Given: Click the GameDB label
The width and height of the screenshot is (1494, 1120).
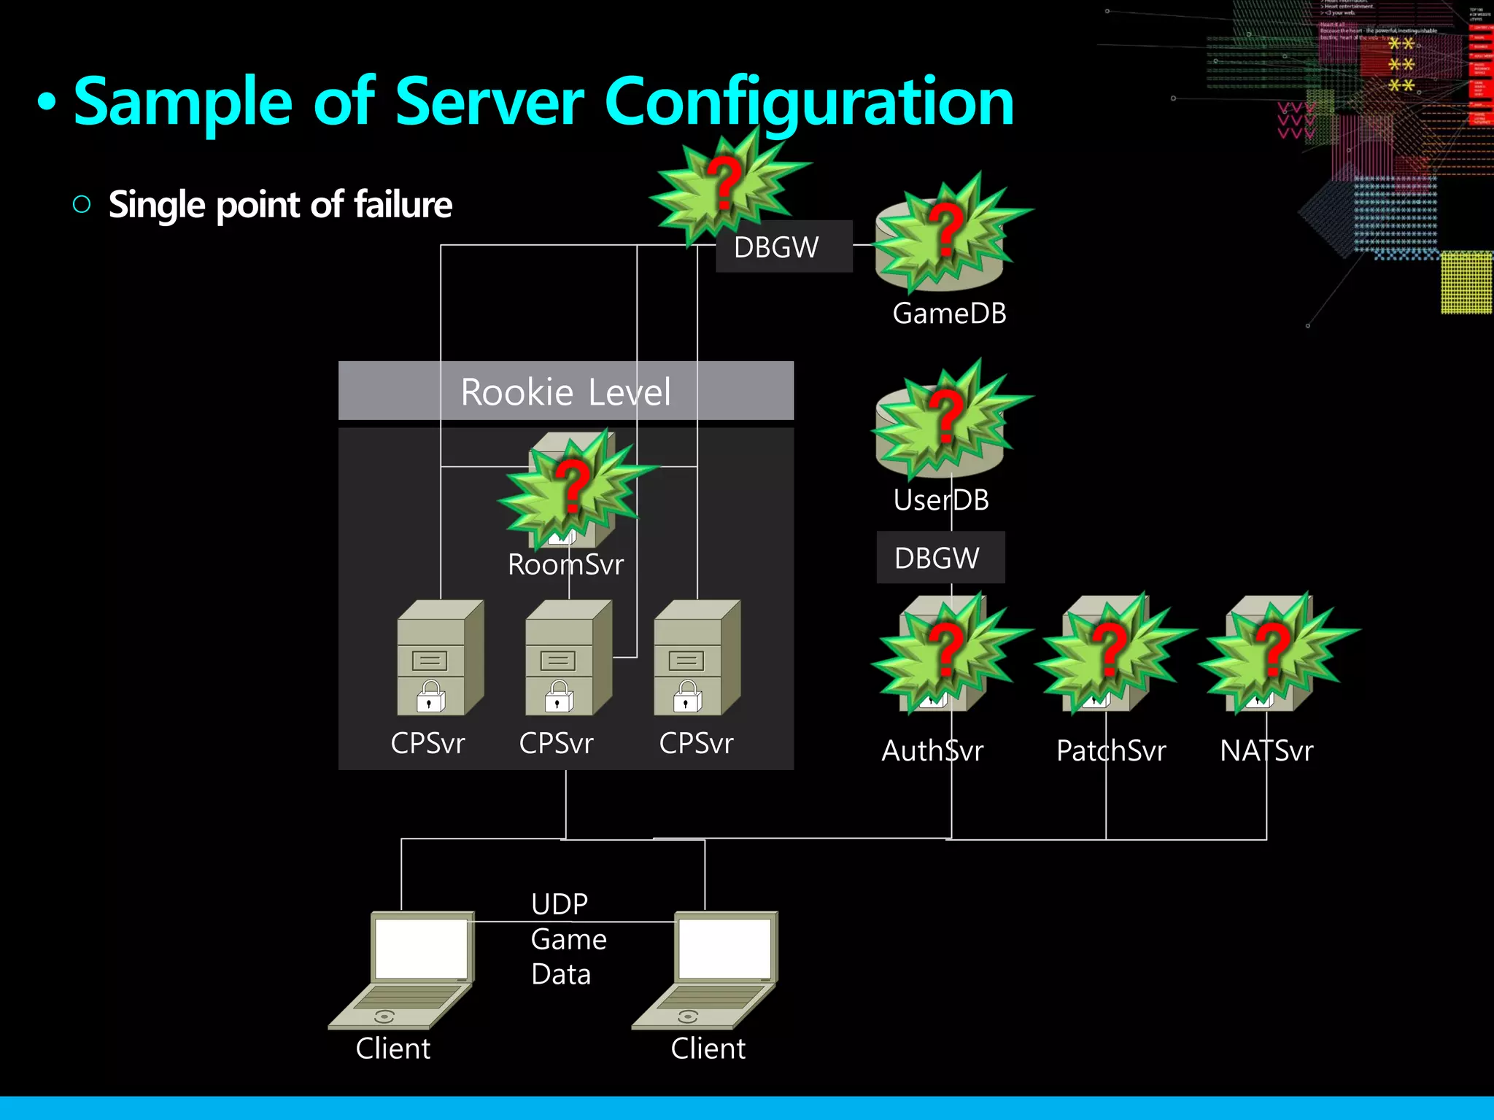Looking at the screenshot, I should click(x=949, y=314).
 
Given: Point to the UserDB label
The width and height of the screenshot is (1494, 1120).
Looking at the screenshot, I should click(x=941, y=500).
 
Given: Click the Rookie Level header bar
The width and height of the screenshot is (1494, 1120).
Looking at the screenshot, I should click(x=565, y=392).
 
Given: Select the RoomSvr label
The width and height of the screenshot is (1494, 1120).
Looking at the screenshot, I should click(x=565, y=564).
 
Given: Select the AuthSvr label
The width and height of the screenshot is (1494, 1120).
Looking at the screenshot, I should click(x=932, y=751).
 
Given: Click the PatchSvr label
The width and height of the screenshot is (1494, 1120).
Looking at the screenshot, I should click(x=1110, y=751).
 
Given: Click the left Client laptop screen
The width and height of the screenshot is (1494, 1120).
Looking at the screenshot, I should click(x=421, y=948).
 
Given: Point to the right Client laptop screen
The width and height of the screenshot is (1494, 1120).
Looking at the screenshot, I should click(x=724, y=948).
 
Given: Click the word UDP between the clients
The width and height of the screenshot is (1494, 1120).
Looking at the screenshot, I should click(x=560, y=904).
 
